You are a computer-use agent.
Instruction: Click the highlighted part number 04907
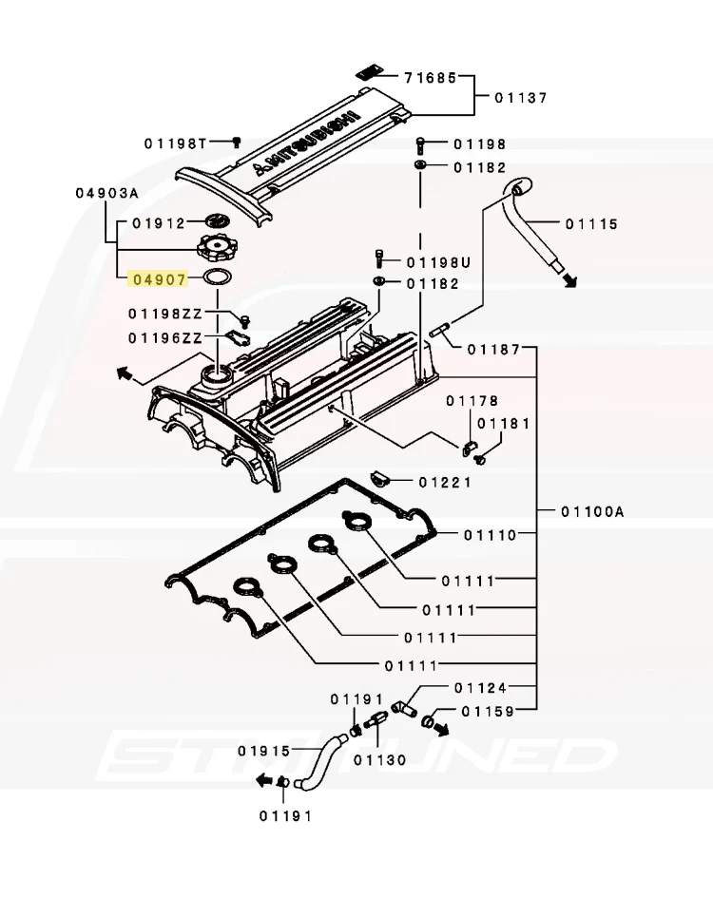(x=160, y=280)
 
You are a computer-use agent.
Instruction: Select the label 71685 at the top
(x=431, y=77)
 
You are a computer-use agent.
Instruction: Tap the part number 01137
(x=521, y=98)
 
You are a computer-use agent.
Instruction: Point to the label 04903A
(x=107, y=193)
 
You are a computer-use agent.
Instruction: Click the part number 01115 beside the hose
(x=592, y=224)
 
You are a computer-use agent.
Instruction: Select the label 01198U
(x=438, y=263)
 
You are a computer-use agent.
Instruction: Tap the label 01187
(x=494, y=349)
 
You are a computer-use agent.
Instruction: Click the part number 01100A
(x=592, y=511)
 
